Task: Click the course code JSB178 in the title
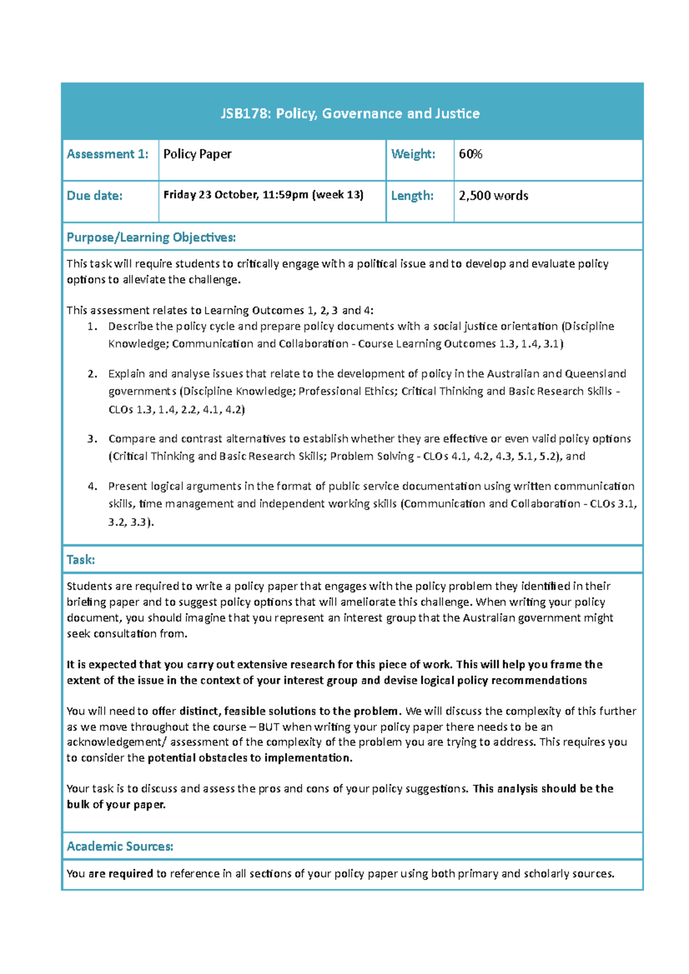tap(245, 114)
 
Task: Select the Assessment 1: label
tap(107, 154)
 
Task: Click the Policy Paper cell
tap(198, 154)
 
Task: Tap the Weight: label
tap(413, 154)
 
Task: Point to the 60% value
tap(470, 154)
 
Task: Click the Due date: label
tap(94, 196)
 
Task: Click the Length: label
tap(412, 196)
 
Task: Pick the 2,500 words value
tap(493, 196)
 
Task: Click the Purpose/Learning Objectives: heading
tap(151, 237)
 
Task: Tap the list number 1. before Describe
tap(92, 326)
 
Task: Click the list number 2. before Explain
tap(92, 374)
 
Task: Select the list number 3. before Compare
tap(92, 439)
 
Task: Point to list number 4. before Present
tap(92, 486)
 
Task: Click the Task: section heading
tap(80, 560)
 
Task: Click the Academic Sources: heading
tap(119, 847)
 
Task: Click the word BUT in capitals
tap(269, 727)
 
